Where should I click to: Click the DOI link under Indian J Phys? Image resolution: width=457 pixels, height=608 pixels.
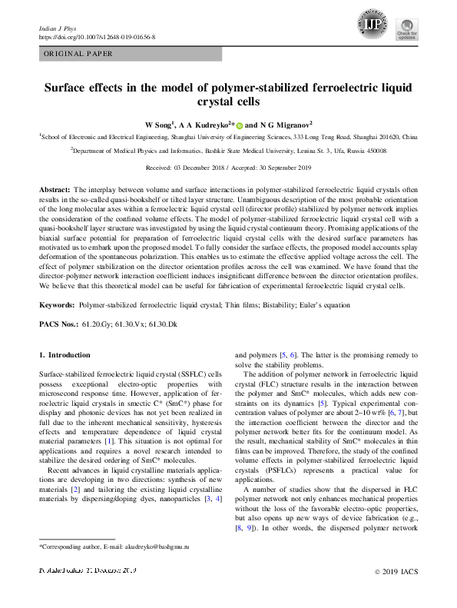click(97, 36)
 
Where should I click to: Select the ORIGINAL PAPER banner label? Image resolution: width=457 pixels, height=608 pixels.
click(78, 54)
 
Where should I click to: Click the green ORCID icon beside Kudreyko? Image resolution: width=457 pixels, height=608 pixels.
click(239, 124)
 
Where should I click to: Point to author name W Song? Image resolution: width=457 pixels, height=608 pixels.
click(161, 124)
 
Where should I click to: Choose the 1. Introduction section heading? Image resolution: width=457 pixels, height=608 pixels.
click(65, 355)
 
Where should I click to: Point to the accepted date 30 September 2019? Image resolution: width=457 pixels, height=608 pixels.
click(284, 167)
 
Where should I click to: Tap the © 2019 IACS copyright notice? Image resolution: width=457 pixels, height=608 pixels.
click(395, 593)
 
